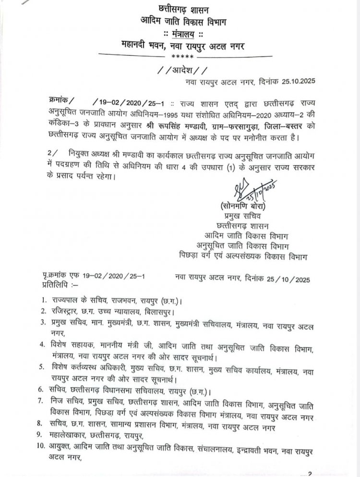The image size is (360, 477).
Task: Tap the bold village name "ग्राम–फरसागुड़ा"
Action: pyautogui.click(x=255, y=125)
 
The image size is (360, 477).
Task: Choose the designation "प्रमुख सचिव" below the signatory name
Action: pyautogui.click(x=232, y=215)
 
